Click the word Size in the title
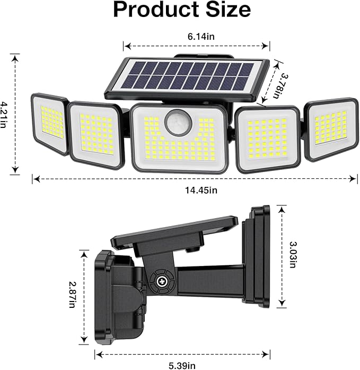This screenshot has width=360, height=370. (x=224, y=10)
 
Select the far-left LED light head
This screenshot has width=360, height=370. (x=50, y=124)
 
